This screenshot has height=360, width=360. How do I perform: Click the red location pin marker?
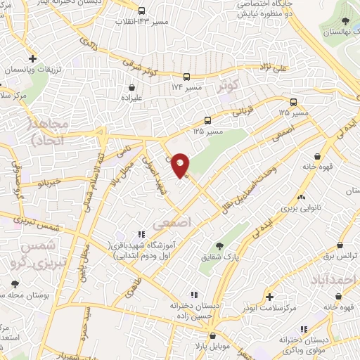[181, 165]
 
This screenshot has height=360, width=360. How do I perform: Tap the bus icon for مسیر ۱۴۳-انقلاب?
[141, 11]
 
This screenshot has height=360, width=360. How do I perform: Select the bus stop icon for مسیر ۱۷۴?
[186, 77]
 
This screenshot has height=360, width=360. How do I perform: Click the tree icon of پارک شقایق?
[219, 246]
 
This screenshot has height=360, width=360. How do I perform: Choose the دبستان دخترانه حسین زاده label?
[192, 312]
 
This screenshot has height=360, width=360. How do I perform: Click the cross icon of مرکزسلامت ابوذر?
[269, 297]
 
